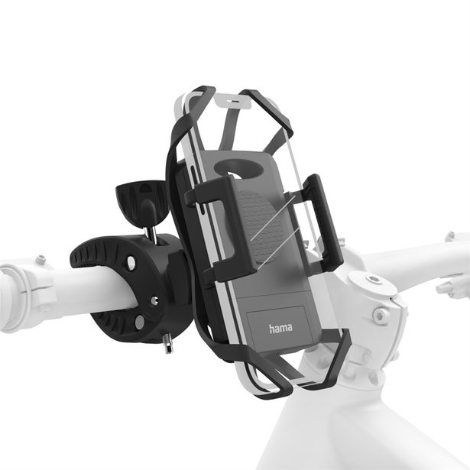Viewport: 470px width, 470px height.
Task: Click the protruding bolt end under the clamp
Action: point(167,345)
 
